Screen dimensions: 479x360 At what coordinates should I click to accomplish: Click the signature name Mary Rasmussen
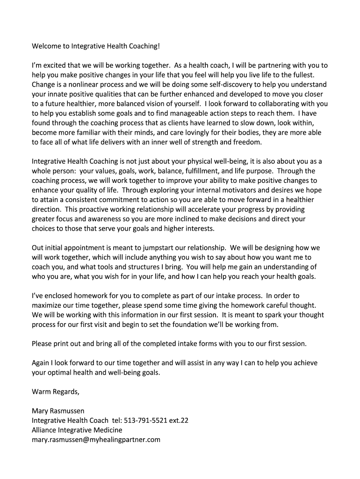tap(58, 411)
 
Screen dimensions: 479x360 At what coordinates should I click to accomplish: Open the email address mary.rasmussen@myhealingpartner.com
tap(96, 439)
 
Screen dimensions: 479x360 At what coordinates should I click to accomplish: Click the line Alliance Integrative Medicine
tap(77, 429)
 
